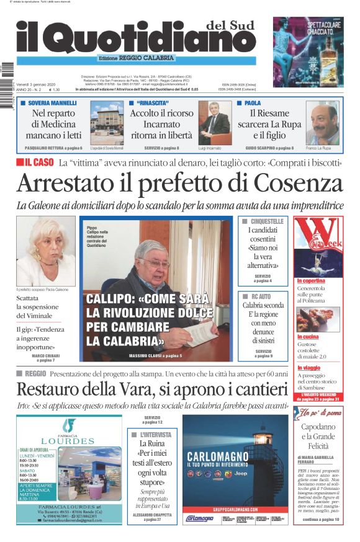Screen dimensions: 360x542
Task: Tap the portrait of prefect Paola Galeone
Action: pos(45,251)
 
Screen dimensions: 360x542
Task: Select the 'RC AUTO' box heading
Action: pos(263,297)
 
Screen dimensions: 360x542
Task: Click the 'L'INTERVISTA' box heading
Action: pos(156,435)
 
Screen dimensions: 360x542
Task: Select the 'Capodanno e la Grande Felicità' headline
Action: pos(318,436)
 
